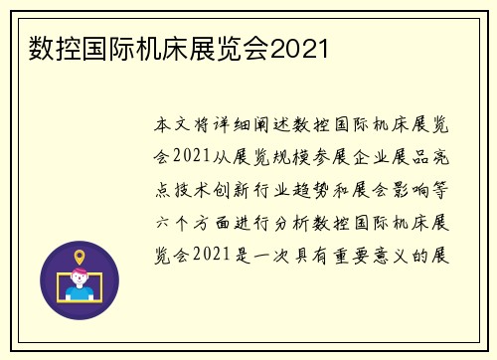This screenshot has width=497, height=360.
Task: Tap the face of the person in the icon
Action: coord(80,279)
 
